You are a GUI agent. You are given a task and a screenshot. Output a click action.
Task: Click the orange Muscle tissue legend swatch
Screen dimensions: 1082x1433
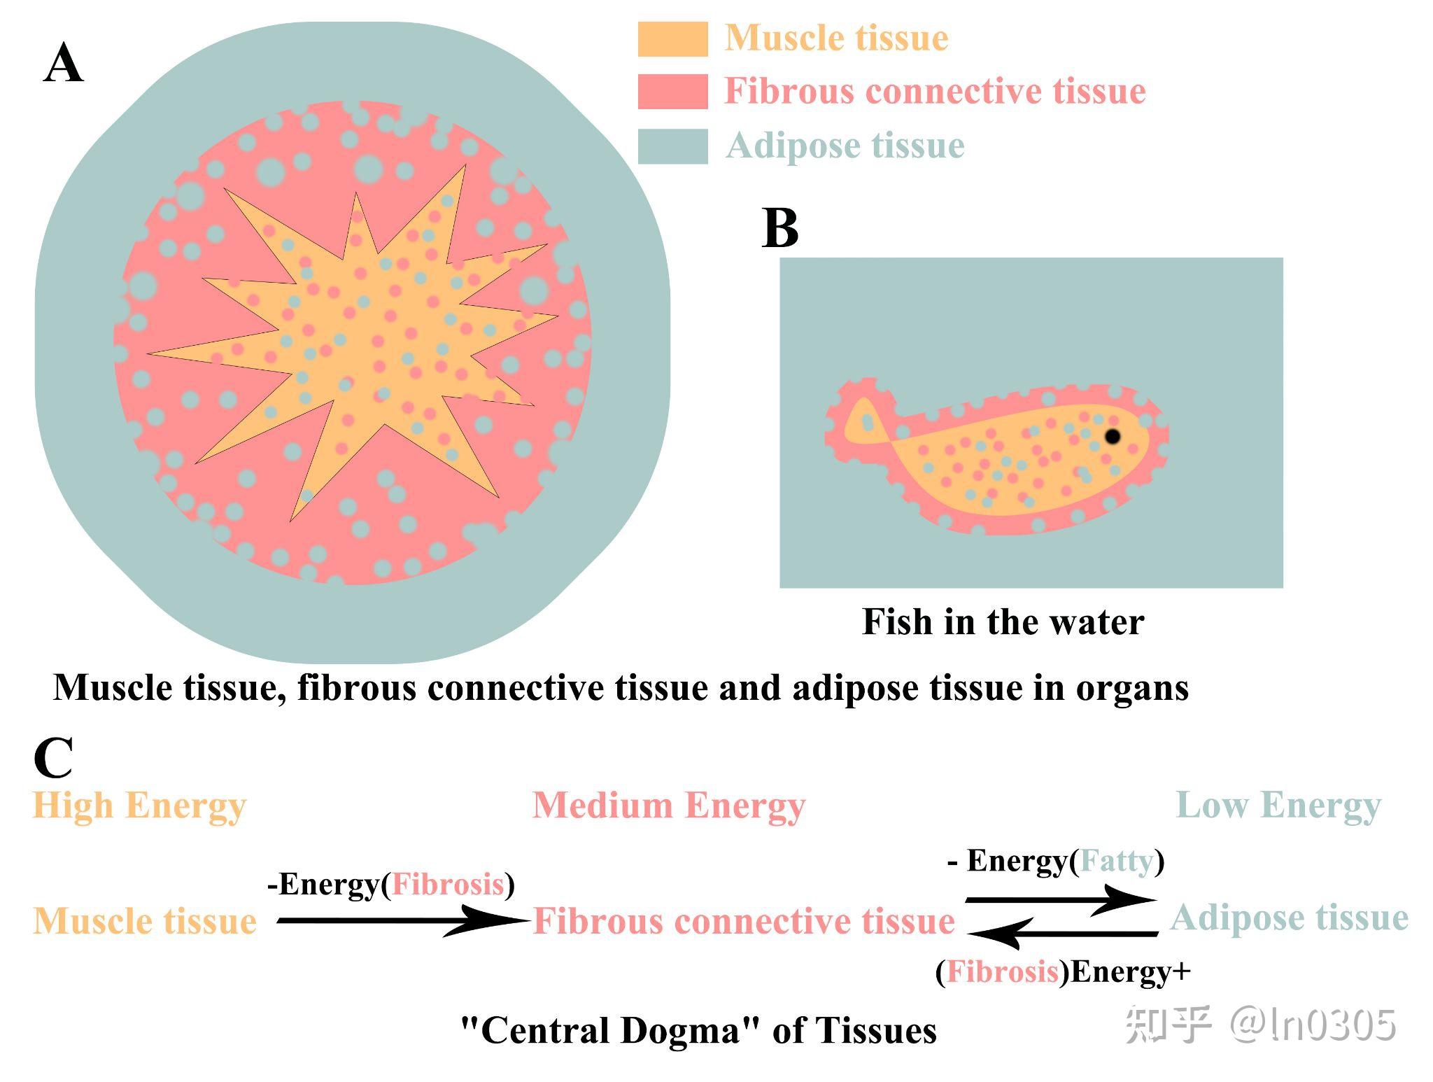[x=672, y=39]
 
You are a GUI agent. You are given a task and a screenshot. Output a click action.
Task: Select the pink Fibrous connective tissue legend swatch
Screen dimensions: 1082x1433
[x=672, y=92]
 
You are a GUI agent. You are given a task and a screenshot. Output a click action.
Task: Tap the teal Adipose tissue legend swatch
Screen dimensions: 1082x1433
[x=672, y=146]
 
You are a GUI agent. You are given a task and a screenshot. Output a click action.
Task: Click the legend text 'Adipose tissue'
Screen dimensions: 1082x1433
[x=845, y=146]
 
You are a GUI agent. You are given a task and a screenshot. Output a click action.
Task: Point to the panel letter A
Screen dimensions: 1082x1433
[x=63, y=64]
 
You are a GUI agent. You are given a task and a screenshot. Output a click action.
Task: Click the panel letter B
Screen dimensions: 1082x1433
[x=779, y=229]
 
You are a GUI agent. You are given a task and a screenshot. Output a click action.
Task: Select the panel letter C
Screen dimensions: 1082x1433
[x=53, y=758]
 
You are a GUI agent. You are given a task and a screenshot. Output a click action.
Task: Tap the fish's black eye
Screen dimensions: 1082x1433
[x=1112, y=437]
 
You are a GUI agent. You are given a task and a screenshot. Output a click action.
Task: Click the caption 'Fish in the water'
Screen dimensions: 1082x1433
[x=1003, y=622]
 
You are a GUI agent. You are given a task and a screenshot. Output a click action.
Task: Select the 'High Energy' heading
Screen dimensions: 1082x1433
[x=139, y=806]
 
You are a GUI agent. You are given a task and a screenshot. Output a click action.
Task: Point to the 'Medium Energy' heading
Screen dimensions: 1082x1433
[x=669, y=806]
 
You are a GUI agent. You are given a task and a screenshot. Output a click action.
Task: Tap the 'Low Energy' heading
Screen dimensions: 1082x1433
[x=1278, y=806]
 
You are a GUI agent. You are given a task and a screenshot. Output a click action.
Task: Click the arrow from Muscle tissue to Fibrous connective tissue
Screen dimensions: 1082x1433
[x=402, y=920]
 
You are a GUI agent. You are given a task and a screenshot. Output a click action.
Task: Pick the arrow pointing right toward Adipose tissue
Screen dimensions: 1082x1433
[x=1059, y=900]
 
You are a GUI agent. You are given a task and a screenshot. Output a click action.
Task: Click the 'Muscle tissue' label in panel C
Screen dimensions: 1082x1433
[x=145, y=921]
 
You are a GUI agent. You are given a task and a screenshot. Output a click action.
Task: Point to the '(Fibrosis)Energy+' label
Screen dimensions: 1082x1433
[x=1063, y=972]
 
